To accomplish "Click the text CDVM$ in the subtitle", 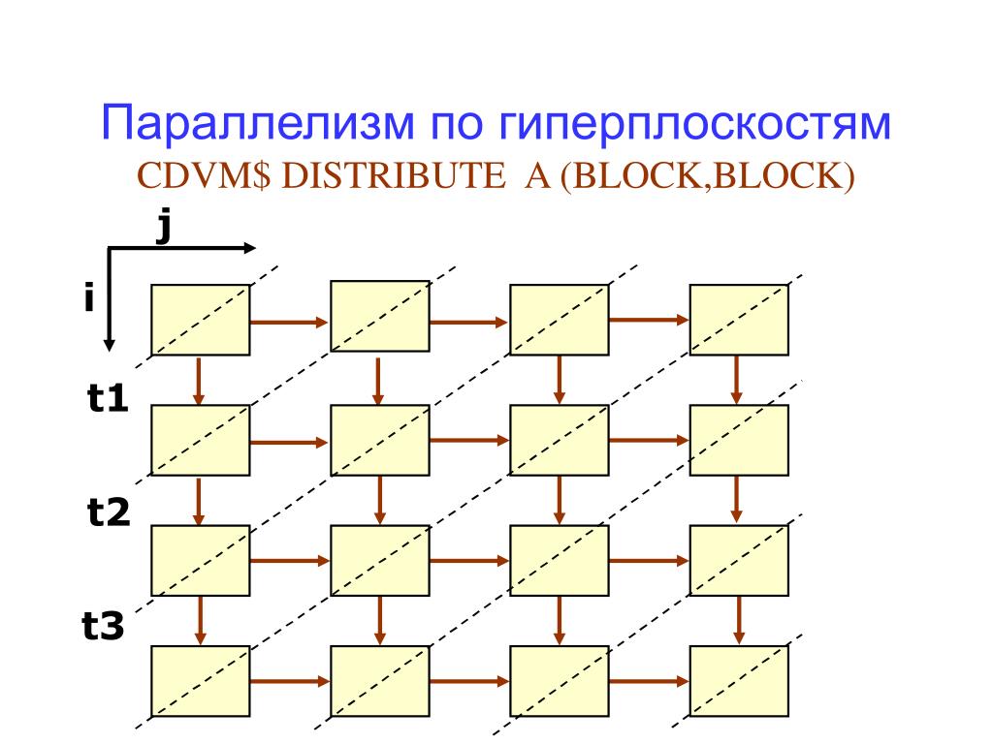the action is [x=203, y=177].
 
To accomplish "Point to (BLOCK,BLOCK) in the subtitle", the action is [x=707, y=177].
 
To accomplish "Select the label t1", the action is [x=108, y=399].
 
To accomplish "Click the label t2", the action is [x=108, y=513].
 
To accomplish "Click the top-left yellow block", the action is [x=200, y=319].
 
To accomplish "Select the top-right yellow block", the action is [x=739, y=319].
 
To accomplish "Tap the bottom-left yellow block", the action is [x=200, y=680].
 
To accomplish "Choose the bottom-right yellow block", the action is [x=739, y=680].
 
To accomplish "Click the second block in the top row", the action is [x=380, y=316].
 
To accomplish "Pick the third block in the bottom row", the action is [x=560, y=680].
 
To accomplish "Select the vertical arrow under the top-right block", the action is [x=737, y=379].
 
